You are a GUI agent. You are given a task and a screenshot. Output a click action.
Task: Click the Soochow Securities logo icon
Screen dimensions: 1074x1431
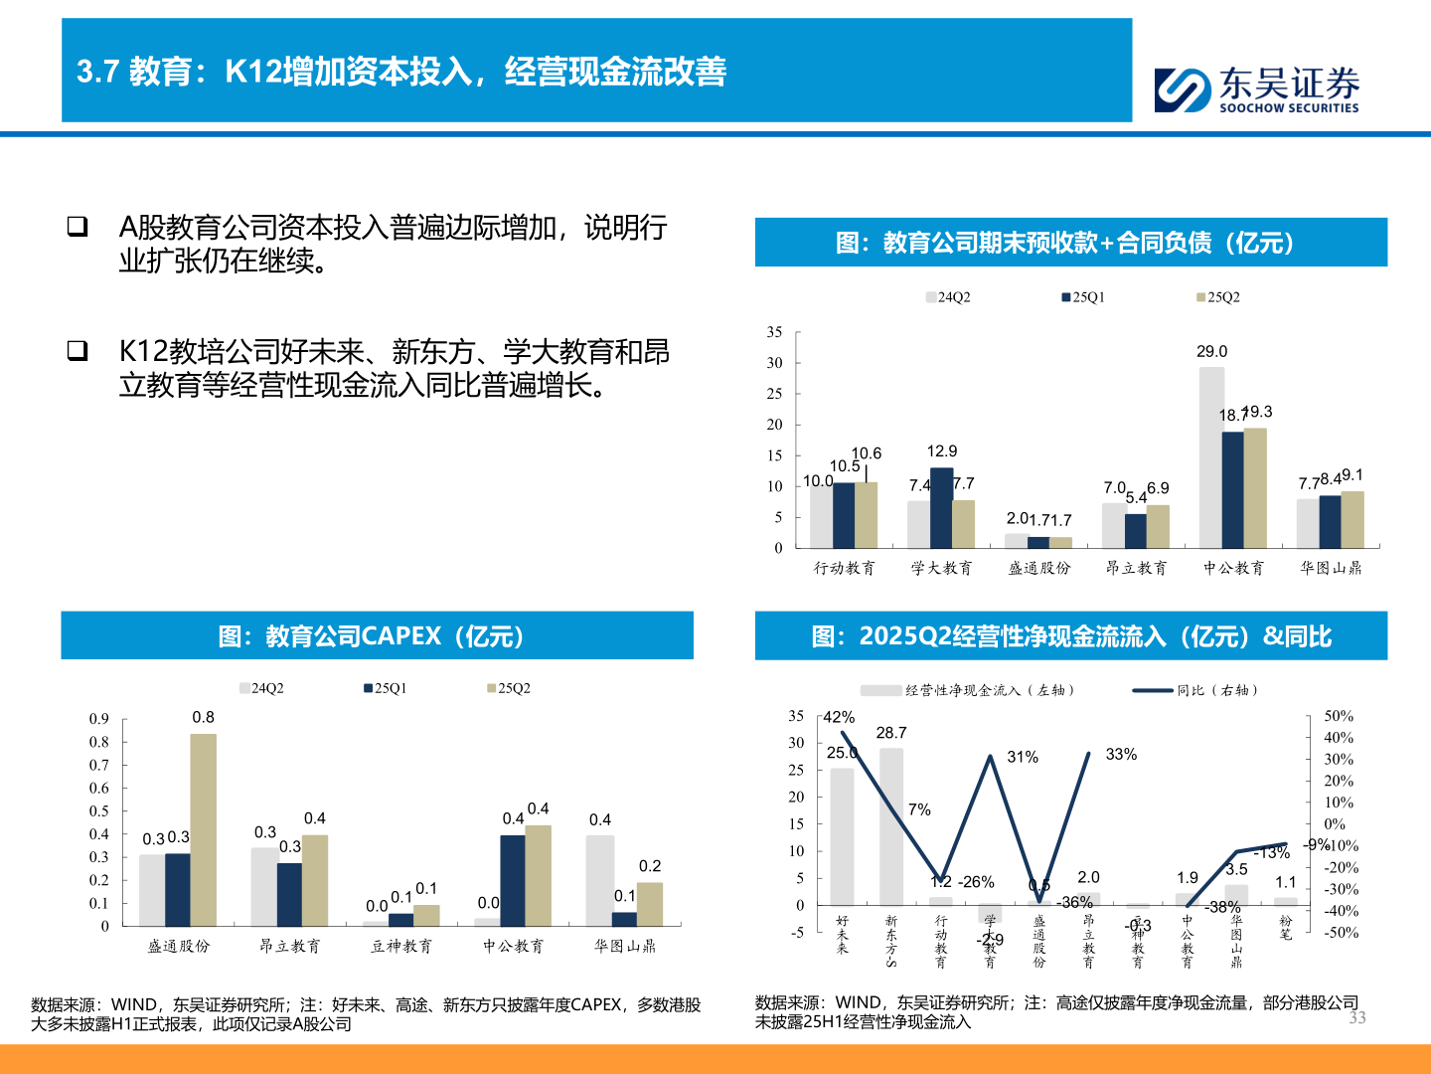coord(1183,89)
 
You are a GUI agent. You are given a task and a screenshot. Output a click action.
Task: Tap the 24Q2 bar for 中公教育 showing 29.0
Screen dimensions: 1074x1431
coord(1211,457)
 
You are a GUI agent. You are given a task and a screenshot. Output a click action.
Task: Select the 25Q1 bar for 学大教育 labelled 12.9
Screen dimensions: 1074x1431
coord(941,507)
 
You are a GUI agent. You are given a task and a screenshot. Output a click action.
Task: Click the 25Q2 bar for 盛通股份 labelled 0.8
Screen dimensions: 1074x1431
coord(203,830)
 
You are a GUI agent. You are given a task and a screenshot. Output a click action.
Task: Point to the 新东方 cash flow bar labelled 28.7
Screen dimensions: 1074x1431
coord(891,825)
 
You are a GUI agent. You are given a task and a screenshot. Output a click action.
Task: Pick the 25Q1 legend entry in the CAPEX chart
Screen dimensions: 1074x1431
coord(386,688)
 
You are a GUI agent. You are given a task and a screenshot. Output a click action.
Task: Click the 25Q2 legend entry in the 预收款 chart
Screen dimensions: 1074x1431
coord(1218,297)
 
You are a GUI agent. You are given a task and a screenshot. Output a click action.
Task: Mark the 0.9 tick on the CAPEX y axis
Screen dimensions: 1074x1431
coord(99,719)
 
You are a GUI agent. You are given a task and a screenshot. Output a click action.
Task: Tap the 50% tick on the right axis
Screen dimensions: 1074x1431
coord(1339,716)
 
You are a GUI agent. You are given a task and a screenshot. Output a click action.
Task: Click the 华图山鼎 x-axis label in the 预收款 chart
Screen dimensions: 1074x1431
coord(1331,568)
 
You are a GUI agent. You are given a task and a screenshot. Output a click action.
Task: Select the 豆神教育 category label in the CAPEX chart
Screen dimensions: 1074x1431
coord(401,946)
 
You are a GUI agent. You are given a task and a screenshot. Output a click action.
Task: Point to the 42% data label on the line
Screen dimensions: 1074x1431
coord(839,717)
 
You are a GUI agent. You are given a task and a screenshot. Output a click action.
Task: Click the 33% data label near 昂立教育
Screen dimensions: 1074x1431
coord(1121,755)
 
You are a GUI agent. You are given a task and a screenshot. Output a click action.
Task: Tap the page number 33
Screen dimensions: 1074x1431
coord(1356,1017)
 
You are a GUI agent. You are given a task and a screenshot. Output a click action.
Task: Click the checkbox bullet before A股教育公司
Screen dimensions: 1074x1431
coord(78,227)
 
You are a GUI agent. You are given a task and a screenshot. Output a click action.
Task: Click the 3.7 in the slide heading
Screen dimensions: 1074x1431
coord(97,72)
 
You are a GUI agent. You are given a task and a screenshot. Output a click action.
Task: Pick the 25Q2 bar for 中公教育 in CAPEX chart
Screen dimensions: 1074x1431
coord(538,875)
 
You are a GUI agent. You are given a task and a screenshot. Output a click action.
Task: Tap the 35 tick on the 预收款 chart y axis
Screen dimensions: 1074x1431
coord(774,332)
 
